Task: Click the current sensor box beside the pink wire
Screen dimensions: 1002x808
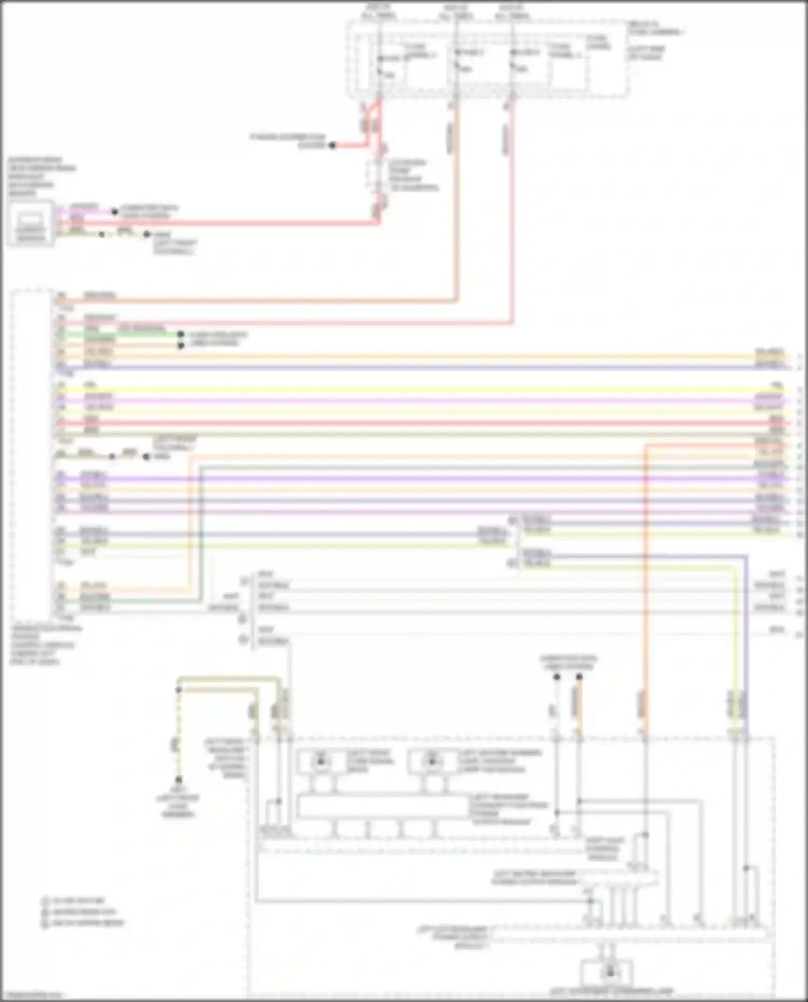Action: click(30, 224)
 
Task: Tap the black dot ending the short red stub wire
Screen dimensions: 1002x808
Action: click(332, 145)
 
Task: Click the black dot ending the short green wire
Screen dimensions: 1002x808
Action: click(181, 334)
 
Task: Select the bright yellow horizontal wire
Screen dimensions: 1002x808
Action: click(420, 389)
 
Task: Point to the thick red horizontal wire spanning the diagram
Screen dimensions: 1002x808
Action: click(420, 423)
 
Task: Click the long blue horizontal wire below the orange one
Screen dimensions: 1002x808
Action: click(420, 367)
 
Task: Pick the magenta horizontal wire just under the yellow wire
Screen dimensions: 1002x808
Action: click(420, 401)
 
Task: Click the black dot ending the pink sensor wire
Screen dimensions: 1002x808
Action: click(114, 212)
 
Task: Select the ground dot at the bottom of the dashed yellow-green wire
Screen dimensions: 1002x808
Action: click(178, 780)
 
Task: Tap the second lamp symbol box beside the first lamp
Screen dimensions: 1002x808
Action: click(433, 761)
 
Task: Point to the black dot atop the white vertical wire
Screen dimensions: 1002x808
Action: click(557, 677)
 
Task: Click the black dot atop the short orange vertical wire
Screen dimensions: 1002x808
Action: click(579, 677)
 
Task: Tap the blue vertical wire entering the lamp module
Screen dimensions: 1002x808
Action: click(746, 646)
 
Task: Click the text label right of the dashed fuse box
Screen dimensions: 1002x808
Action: click(654, 40)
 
